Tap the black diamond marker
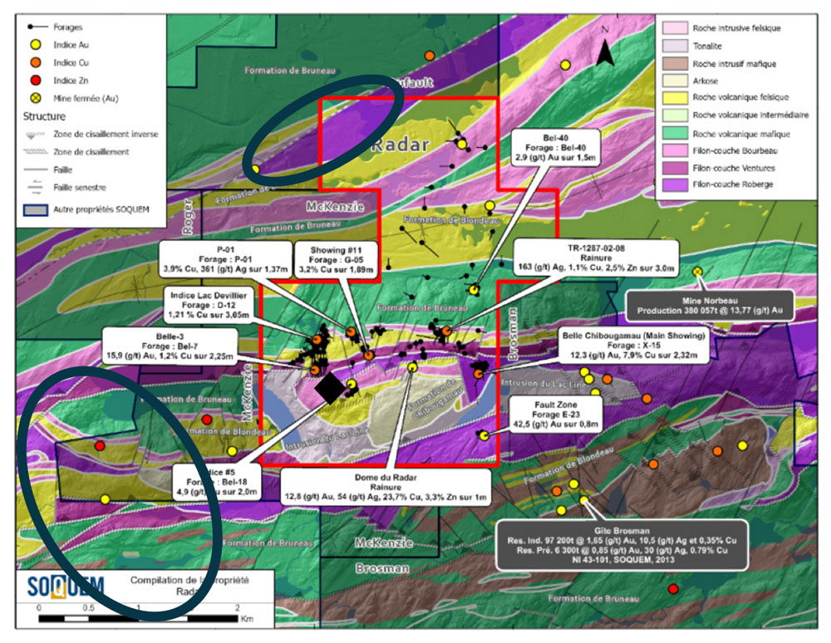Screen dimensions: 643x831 330,388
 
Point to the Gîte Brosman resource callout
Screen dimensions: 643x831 627,543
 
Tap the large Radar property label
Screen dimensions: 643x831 400,145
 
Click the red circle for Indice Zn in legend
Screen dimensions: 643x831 32,81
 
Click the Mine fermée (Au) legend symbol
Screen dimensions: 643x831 32,99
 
